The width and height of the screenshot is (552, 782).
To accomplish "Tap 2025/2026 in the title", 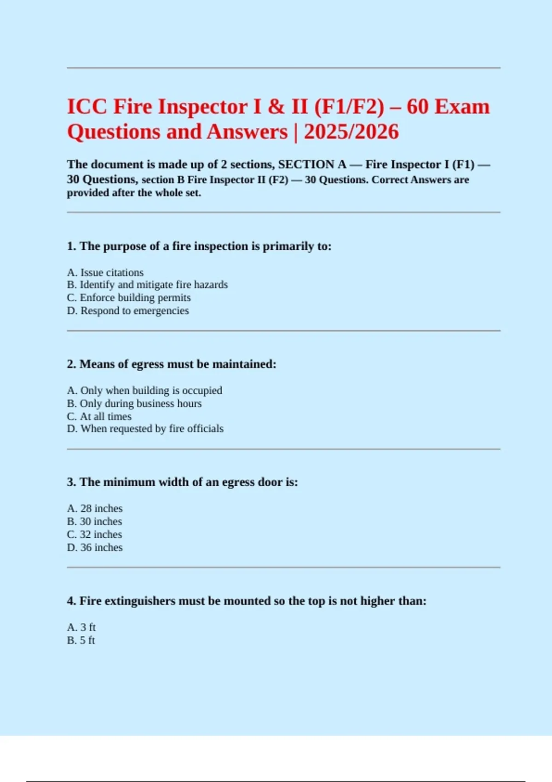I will click(351, 132).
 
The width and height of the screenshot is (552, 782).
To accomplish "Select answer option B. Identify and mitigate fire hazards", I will click(147, 285).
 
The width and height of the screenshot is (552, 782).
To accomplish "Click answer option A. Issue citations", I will click(105, 272).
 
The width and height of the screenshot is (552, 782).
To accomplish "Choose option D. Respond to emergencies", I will click(128, 310).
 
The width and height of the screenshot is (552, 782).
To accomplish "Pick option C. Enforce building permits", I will click(129, 298).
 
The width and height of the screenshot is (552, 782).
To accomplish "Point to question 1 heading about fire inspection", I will click(199, 246).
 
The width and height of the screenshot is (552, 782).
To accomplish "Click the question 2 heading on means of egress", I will click(172, 364).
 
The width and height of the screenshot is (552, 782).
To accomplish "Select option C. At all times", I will click(99, 416).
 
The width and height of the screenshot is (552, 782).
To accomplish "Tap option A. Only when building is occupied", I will click(144, 391).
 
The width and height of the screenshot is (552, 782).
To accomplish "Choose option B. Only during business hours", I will click(134, 403).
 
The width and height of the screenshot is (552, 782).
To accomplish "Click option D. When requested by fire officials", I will click(145, 429).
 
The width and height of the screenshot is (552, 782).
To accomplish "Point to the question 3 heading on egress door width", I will click(182, 482).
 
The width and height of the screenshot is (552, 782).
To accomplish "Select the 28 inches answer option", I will click(95, 508).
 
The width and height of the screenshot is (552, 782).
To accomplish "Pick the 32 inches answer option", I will click(94, 535).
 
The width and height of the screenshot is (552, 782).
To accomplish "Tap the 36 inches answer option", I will click(95, 547).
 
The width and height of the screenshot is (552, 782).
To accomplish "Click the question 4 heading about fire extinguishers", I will click(247, 601).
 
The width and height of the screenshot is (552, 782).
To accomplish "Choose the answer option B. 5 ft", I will click(81, 640).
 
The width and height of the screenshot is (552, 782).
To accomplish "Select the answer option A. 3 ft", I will click(81, 627).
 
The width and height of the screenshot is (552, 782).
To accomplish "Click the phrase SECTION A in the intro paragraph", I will click(312, 165).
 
